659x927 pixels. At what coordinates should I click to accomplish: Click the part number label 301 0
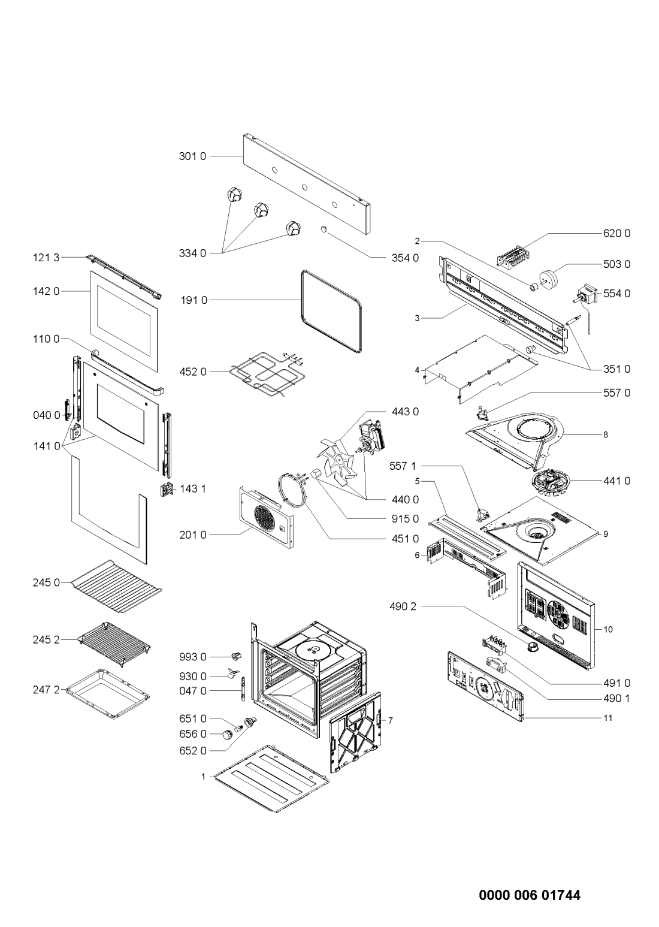(192, 156)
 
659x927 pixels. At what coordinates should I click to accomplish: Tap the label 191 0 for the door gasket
(194, 300)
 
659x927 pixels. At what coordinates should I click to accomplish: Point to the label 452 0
(192, 372)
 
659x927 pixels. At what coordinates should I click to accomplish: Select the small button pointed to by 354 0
(324, 228)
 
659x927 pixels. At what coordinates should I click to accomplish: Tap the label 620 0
(617, 234)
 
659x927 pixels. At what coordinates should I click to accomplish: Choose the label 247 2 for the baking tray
(46, 690)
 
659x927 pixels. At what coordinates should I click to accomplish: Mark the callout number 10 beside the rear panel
(607, 629)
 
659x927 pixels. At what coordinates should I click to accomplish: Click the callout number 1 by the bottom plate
(203, 777)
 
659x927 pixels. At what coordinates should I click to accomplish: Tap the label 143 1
(193, 489)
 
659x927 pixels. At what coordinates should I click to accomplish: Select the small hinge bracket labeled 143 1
(167, 490)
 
